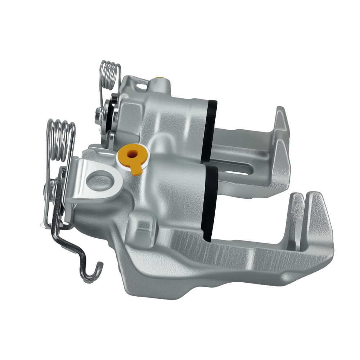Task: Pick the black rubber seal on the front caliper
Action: (210, 202)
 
